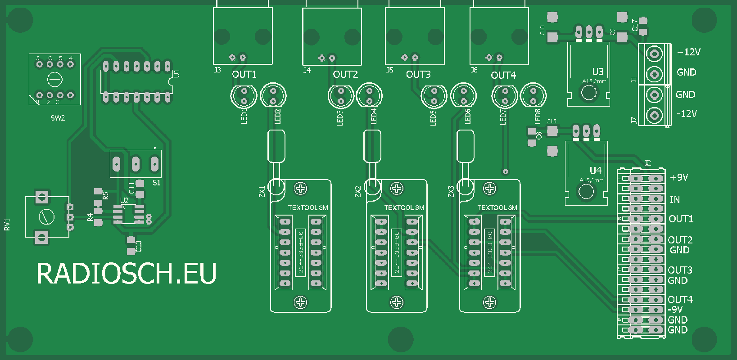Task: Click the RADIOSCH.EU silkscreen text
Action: click(127, 274)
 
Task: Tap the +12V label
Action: click(689, 52)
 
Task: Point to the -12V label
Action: click(687, 113)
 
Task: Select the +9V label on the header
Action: click(679, 178)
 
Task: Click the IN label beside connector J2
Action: click(674, 199)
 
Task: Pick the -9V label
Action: click(675, 310)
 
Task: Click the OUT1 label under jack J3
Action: click(244, 75)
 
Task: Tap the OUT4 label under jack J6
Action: click(503, 75)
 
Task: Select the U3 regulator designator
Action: click(597, 72)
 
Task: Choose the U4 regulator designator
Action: click(595, 171)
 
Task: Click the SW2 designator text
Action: click(58, 118)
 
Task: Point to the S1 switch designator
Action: click(157, 183)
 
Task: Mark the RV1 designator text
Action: click(7, 225)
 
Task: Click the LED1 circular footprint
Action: click(244, 95)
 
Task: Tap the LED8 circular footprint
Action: click(534, 95)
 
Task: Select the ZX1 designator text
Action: click(262, 191)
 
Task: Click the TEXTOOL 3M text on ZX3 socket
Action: click(497, 208)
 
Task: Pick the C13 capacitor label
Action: click(139, 246)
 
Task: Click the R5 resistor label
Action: click(105, 195)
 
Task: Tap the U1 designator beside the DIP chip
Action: click(176, 73)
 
